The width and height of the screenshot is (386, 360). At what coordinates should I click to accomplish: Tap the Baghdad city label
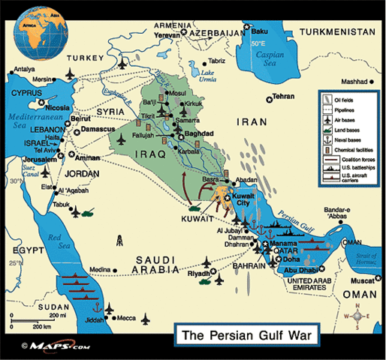(198, 133)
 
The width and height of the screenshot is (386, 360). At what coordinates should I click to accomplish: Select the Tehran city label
(283, 97)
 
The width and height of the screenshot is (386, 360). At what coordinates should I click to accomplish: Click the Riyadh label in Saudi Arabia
(199, 274)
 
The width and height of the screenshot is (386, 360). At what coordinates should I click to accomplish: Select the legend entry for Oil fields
(350, 98)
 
